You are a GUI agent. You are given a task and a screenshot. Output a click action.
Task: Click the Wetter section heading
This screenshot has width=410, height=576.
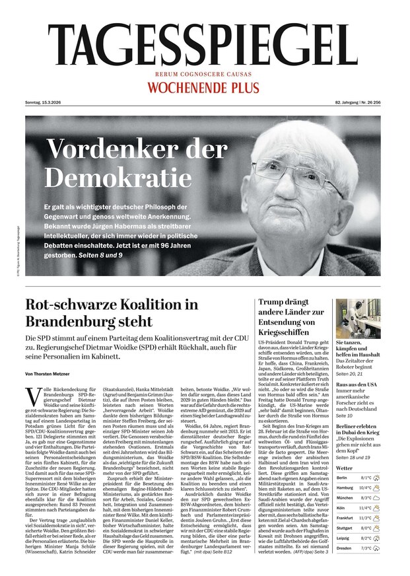click(x=345, y=467)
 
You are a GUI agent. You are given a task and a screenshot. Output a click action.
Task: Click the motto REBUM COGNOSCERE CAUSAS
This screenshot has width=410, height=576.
click(x=204, y=76)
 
